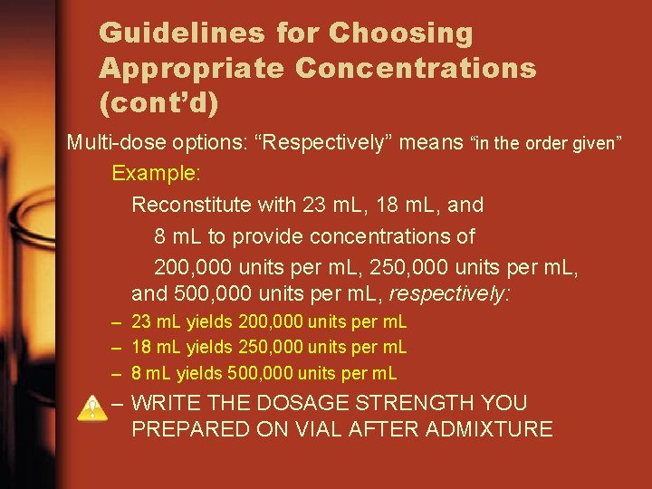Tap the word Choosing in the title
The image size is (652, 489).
(x=400, y=34)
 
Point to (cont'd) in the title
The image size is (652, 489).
(x=158, y=101)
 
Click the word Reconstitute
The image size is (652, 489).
(x=191, y=205)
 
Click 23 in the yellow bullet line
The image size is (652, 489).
(x=140, y=321)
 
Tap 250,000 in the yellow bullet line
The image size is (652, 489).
(x=267, y=347)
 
